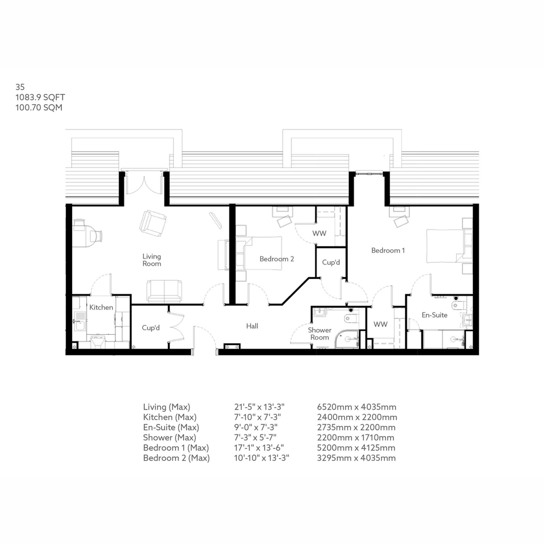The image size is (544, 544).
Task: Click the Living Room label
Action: [152, 260]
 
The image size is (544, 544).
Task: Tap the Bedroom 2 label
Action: [277, 259]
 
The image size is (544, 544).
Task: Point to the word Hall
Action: [252, 326]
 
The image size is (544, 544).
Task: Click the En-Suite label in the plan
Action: [434, 315]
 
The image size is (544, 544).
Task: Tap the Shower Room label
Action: [319, 333]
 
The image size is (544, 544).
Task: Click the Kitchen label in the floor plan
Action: [101, 307]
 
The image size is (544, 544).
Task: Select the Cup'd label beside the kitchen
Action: [151, 327]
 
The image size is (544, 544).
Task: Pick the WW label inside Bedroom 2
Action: [319, 233]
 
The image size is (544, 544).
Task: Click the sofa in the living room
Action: [164, 291]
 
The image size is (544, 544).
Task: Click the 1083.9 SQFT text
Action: [40, 97]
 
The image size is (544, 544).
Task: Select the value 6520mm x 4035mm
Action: [357, 407]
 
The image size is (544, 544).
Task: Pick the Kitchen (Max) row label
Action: [169, 417]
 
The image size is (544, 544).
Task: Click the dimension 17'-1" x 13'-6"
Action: [259, 447]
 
